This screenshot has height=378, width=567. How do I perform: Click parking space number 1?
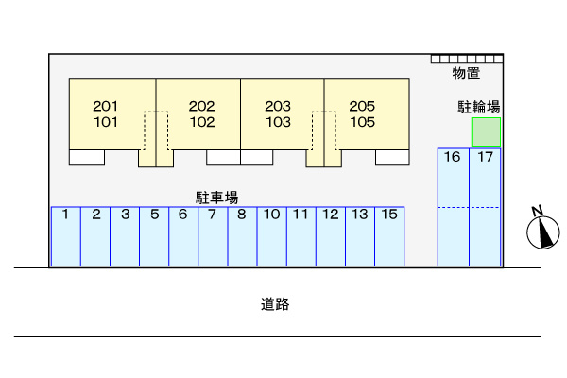click(x=66, y=236)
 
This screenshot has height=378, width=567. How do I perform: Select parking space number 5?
click(x=154, y=236)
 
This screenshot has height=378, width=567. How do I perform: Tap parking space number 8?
click(x=242, y=236)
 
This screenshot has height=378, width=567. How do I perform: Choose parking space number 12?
click(x=331, y=236)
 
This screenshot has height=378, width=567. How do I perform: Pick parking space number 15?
click(x=389, y=236)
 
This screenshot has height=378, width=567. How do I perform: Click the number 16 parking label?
click(x=452, y=157)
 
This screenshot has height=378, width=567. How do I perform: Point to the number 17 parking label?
click(x=486, y=157)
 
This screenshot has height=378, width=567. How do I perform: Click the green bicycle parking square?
click(x=486, y=132)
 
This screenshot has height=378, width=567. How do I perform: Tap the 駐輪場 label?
click(x=479, y=107)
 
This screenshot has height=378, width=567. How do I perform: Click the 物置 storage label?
click(x=466, y=74)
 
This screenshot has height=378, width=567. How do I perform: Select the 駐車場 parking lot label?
click(x=217, y=198)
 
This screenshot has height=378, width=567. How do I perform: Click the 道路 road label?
click(x=275, y=304)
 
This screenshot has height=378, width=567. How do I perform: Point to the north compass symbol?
click(x=542, y=229)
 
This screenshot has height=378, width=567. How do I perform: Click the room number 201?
click(x=106, y=106)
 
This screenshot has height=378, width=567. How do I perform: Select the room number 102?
click(x=202, y=122)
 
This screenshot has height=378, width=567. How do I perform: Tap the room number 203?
click(x=278, y=106)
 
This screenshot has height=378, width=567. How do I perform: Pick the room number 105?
click(x=362, y=122)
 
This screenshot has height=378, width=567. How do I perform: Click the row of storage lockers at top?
click(x=467, y=59)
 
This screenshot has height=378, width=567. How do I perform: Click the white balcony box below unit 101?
click(x=87, y=158)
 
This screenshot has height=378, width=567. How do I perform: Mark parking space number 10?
click(x=272, y=236)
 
